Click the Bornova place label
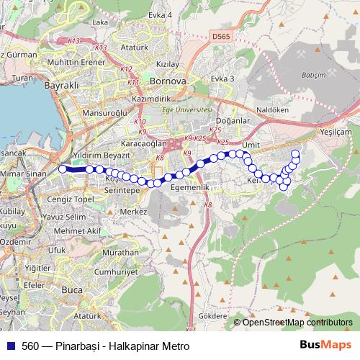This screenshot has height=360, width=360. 168,80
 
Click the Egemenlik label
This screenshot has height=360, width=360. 190,186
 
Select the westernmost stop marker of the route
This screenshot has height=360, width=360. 62,169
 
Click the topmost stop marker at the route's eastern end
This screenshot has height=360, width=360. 295,153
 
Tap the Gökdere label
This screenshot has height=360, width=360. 212,316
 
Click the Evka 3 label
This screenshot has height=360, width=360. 223,78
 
